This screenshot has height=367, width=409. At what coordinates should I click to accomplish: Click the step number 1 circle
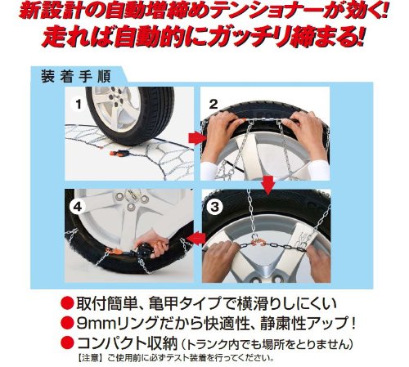point(79,104)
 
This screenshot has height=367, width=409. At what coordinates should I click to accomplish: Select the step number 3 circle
point(214,207)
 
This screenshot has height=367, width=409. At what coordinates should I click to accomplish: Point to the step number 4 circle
point(78,207)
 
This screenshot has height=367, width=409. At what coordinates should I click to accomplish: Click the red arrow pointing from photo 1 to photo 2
point(197,139)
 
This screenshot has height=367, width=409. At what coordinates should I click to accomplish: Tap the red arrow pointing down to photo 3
point(268,186)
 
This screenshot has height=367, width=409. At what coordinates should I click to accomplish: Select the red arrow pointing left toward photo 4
point(197,239)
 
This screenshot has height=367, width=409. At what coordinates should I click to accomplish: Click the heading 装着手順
point(76,77)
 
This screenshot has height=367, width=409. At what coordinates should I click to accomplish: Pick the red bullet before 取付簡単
point(67,303)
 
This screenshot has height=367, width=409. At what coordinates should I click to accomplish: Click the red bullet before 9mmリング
point(67,323)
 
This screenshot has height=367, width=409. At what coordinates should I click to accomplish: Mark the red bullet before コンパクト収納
point(67,343)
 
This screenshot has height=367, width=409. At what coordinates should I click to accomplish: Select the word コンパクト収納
point(128,343)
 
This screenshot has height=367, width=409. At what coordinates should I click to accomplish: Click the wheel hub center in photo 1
point(112,97)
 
